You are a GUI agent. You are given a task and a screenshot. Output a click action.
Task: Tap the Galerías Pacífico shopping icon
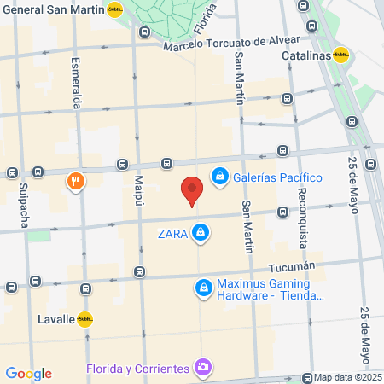tap(220, 177)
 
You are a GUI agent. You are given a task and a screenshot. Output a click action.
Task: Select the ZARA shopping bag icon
tap(200, 232)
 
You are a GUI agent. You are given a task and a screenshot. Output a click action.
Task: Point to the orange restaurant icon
tap(76, 181)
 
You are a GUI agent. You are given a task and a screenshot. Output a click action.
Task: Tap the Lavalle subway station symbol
tap(84, 319)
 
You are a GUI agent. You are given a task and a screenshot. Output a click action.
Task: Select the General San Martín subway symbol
tap(114, 9)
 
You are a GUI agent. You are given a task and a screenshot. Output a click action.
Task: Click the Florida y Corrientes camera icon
tap(203, 368)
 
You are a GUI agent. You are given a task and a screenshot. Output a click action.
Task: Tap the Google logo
tap(28, 374)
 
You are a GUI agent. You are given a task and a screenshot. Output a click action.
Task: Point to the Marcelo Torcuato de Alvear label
tap(233, 40)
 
